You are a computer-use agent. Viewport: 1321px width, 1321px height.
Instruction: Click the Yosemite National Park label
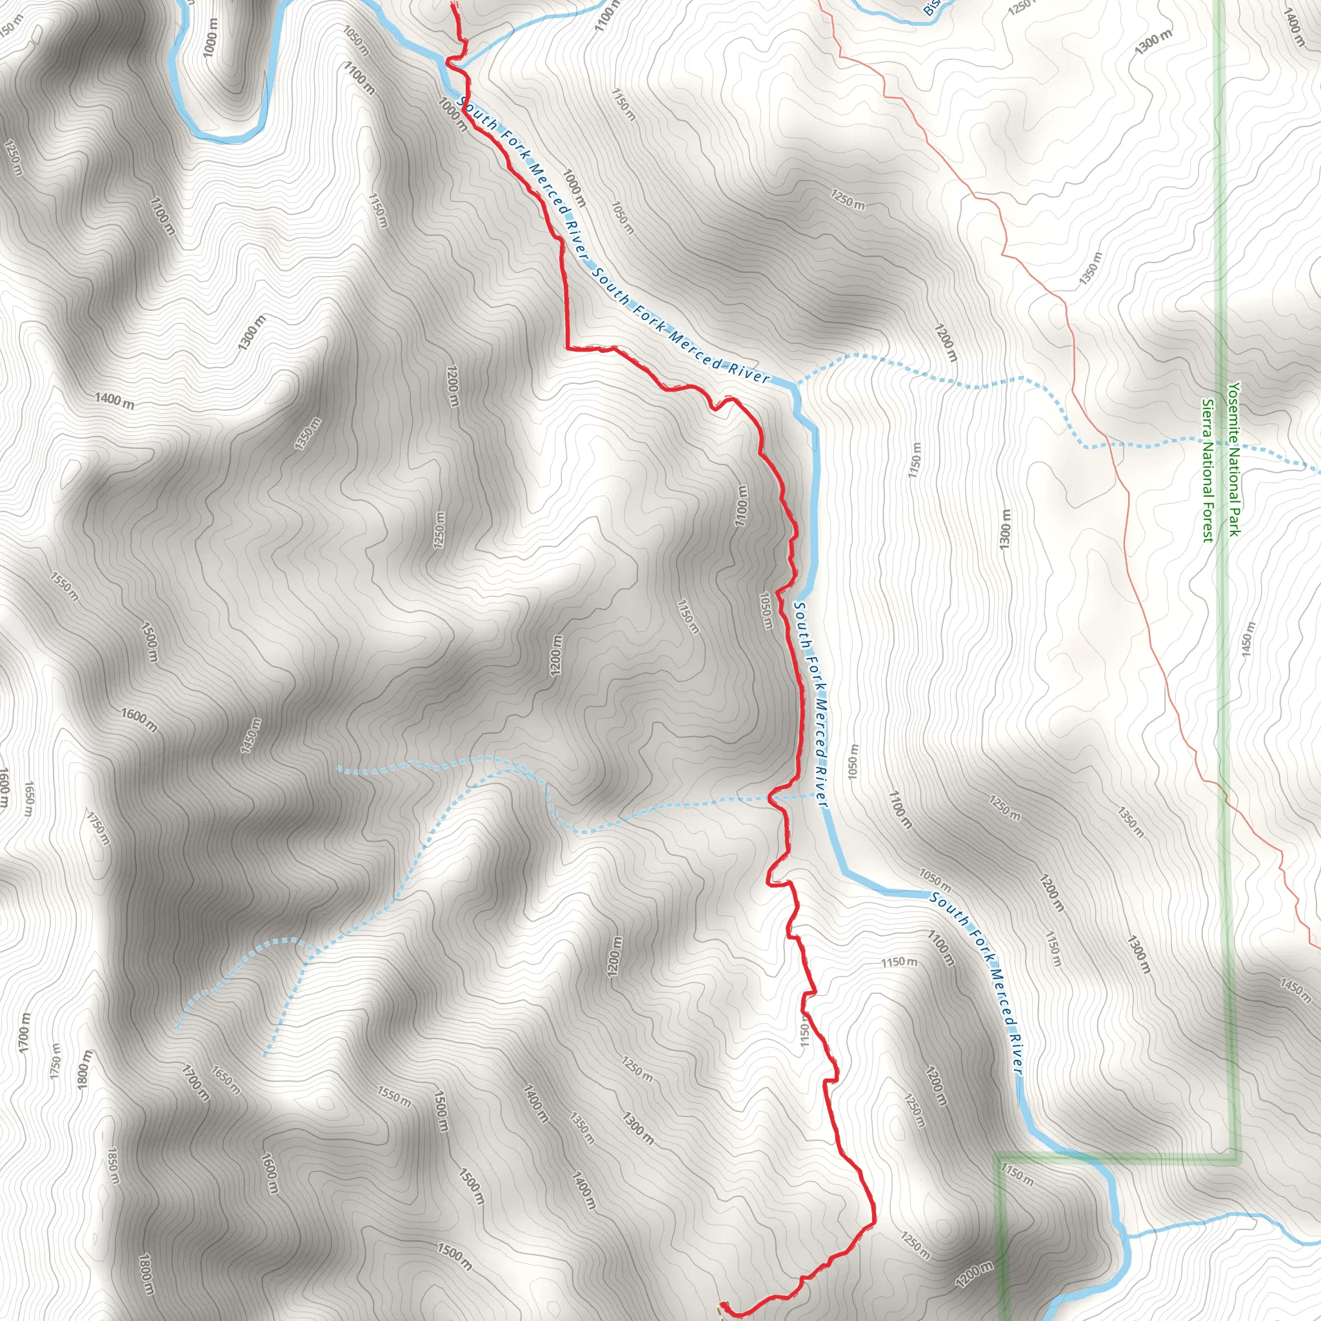[x=1233, y=459]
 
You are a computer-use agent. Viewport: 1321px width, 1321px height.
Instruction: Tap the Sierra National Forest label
[x=1208, y=470]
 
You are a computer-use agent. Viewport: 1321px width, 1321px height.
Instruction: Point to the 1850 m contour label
[x=113, y=1165]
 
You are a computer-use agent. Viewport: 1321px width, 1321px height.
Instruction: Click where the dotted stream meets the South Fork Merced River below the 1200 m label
[x=794, y=386]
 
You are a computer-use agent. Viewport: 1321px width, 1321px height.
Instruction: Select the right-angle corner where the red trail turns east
[x=568, y=348]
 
